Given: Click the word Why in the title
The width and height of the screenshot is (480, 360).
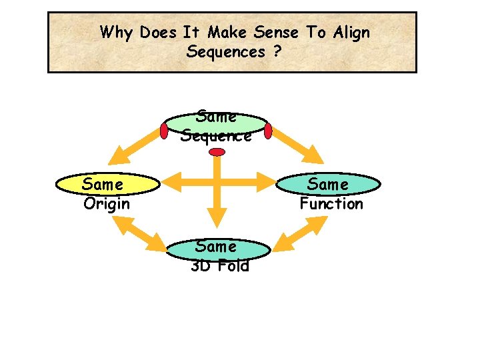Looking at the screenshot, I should [117, 32].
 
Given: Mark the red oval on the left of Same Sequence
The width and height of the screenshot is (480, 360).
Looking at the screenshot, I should [164, 131].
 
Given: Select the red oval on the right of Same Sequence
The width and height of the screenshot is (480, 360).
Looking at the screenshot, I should [269, 131].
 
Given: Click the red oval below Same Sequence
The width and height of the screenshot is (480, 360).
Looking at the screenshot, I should [217, 153].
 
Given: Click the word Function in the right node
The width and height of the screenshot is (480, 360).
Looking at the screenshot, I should [331, 204].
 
